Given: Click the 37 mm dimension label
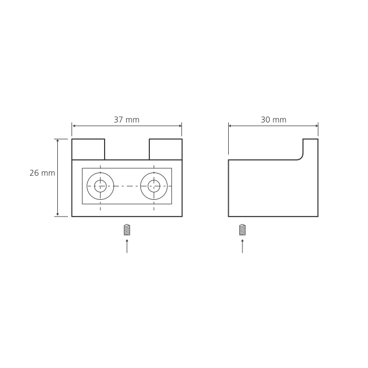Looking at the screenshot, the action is coord(127,120).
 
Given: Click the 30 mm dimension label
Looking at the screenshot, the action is coord(273,120).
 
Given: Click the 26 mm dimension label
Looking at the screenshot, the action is coord(42,173).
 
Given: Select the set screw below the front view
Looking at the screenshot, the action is coord(127,230).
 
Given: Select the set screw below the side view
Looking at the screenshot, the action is coord(242,230).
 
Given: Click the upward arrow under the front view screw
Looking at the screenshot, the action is coord(127,246).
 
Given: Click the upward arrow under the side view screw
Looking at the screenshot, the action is coord(242,246).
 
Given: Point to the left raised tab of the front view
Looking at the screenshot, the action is coord(88,149).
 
